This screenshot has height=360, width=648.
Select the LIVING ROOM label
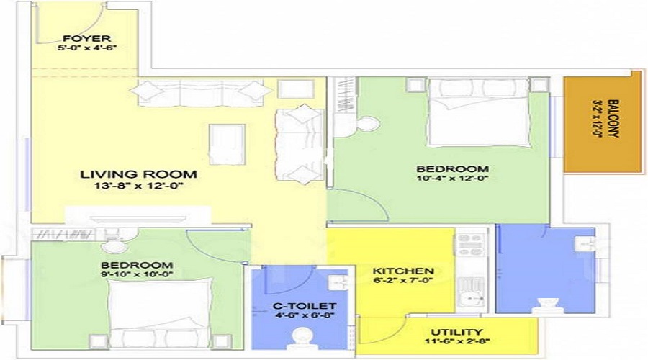(x=138, y=174)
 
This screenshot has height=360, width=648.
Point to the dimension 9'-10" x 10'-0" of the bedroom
(x=137, y=274)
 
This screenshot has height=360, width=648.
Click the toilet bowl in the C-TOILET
(x=304, y=336)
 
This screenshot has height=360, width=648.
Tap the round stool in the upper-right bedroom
(x=368, y=124)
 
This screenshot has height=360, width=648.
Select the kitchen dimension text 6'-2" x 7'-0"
(x=402, y=282)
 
